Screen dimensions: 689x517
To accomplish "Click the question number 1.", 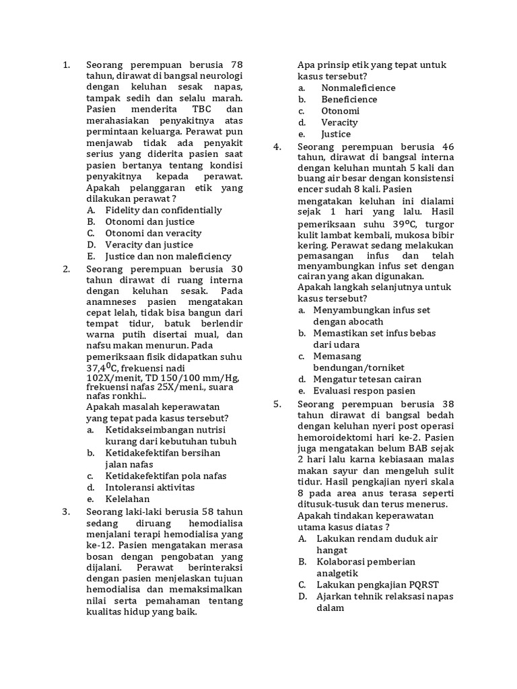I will click(x=66, y=65).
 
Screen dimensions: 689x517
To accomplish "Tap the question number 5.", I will click(x=277, y=404).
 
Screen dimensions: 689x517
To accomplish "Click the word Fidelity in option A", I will click(x=124, y=210).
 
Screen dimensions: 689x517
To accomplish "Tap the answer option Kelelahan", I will click(x=127, y=499).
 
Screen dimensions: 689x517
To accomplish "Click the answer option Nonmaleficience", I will click(x=358, y=87).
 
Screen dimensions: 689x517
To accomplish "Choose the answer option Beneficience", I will click(x=349, y=99).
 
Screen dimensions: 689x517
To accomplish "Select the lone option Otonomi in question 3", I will click(x=340, y=110).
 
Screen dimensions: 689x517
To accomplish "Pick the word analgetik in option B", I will click(x=339, y=573).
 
